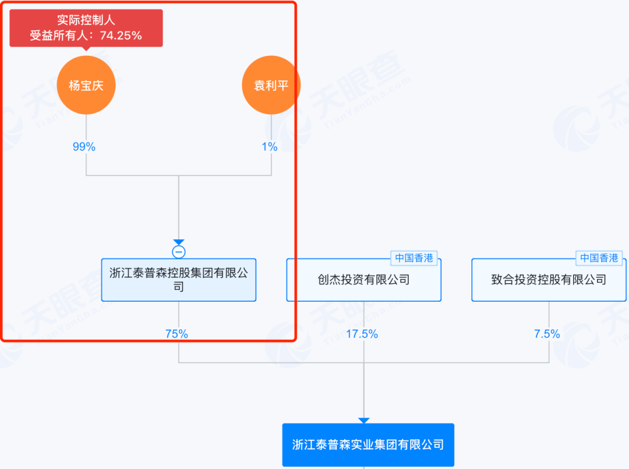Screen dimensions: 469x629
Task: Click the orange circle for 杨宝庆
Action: (86, 86)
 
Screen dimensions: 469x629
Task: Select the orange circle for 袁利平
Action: (271, 86)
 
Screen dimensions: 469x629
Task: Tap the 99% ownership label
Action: (84, 147)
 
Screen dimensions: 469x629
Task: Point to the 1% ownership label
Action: (269, 147)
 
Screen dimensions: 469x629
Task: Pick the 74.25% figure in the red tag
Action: (121, 36)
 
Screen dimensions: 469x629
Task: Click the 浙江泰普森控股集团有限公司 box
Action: (179, 280)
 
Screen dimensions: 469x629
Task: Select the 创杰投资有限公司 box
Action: (363, 280)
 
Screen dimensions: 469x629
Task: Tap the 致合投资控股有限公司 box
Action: (549, 280)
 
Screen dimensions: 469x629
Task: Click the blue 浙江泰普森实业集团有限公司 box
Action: (367, 445)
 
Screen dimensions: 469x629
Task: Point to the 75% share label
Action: (176, 334)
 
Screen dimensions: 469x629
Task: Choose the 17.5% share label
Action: (362, 334)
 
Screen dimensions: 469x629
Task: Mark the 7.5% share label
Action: (547, 334)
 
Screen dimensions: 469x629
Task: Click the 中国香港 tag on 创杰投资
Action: (414, 258)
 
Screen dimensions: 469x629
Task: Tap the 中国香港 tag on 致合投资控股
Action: (599, 258)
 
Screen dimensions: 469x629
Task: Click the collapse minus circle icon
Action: (179, 252)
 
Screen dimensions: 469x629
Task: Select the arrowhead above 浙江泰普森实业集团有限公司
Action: (364, 420)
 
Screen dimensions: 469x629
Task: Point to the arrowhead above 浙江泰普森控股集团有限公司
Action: (179, 242)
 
